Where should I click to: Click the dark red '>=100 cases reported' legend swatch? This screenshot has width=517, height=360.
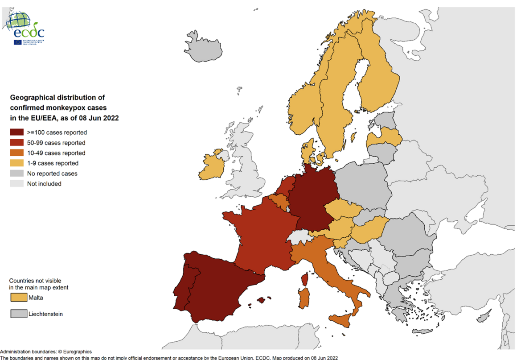point(17,132)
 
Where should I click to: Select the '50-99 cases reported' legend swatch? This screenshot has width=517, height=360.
point(17,143)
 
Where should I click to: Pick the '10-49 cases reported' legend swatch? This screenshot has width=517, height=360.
point(17,153)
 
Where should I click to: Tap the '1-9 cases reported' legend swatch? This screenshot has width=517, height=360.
point(17,163)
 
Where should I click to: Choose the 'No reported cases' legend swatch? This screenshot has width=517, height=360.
point(17,174)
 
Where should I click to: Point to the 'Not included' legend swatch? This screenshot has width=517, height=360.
point(17,184)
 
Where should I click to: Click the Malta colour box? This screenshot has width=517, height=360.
point(18,298)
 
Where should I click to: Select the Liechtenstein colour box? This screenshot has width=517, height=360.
point(18,314)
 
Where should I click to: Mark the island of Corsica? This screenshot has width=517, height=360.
point(305,280)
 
